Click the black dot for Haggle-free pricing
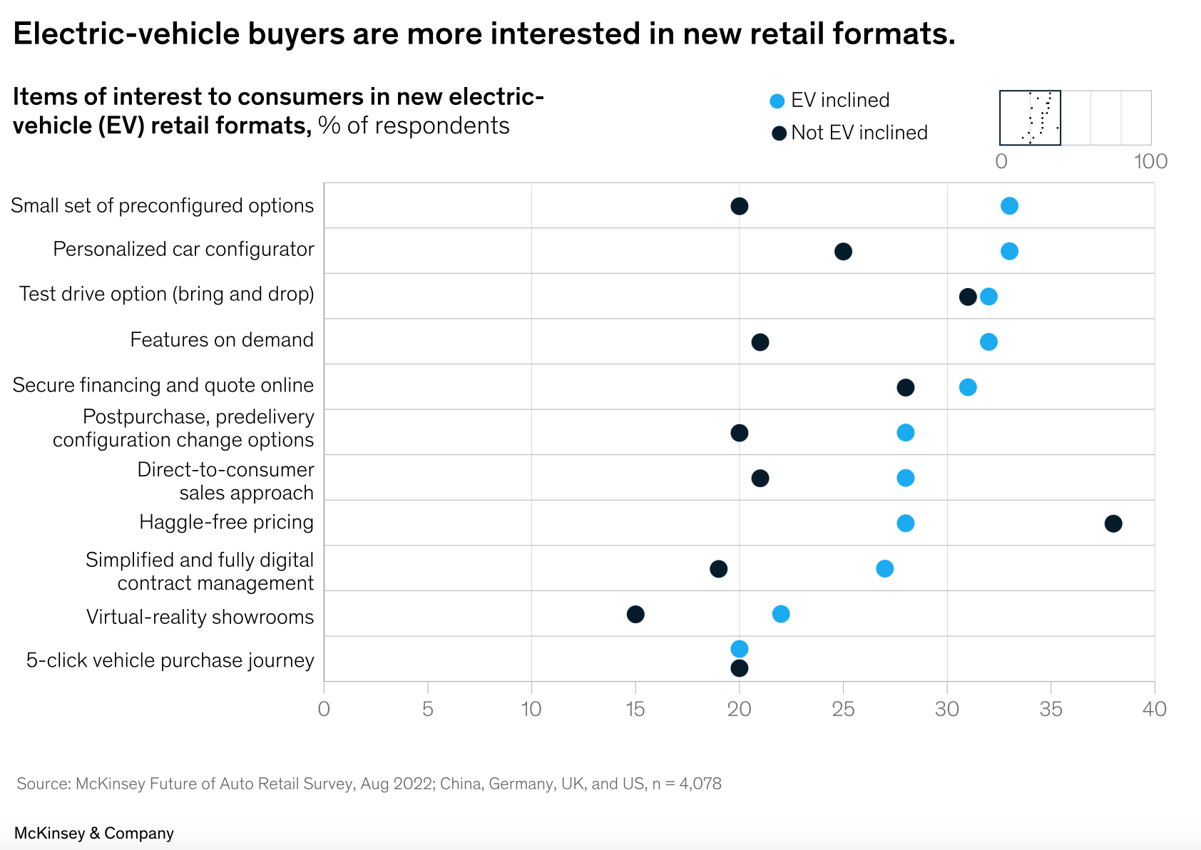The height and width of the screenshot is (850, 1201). (1113, 523)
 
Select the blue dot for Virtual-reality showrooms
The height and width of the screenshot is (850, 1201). (781, 614)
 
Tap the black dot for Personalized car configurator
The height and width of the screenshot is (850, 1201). (843, 251)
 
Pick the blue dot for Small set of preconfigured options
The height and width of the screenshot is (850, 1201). (1009, 206)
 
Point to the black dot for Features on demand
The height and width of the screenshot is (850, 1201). (760, 342)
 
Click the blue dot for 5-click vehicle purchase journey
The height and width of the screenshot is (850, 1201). (740, 649)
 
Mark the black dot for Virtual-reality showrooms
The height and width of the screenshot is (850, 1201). (635, 614)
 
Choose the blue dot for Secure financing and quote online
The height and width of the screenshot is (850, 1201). (968, 387)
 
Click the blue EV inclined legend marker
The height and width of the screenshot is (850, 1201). (777, 101)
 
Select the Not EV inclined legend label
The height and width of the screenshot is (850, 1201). (859, 133)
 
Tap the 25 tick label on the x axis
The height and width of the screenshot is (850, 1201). (843, 709)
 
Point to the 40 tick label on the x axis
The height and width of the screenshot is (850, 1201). (1154, 709)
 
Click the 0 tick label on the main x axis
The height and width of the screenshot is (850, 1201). (324, 709)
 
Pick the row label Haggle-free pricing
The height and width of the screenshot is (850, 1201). (226, 522)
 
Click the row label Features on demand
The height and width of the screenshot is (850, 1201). (221, 339)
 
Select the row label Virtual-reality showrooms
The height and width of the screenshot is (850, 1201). (200, 617)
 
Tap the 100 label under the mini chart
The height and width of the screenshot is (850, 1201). (1150, 161)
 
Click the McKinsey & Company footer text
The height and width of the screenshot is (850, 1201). (94, 833)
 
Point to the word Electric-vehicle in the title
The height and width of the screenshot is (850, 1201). (126, 34)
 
